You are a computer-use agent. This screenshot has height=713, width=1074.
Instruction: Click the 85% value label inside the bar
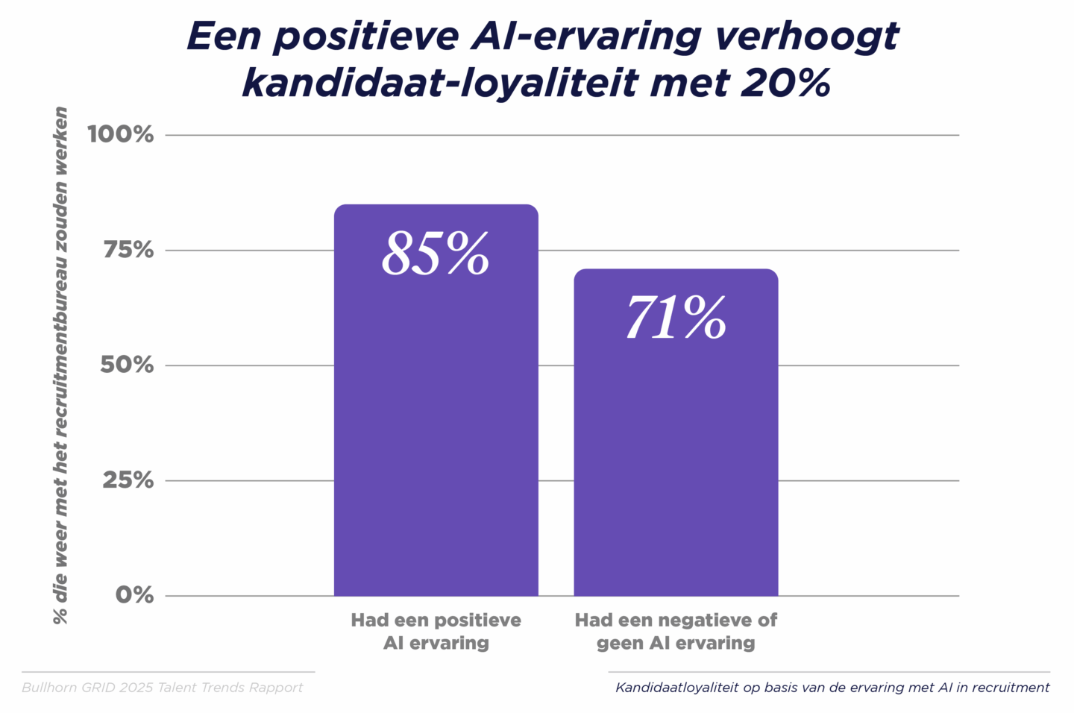(x=436, y=254)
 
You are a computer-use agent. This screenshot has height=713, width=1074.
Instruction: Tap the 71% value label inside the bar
(x=676, y=318)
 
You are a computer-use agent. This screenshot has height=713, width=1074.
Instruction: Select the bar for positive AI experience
(x=436, y=433)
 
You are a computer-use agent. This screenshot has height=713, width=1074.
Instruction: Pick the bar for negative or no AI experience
(x=676, y=462)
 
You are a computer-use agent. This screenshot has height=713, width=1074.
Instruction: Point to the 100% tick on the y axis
(x=121, y=135)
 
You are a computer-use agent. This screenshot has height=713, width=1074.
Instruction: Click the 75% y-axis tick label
(x=128, y=250)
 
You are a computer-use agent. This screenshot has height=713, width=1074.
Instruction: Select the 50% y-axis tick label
(x=128, y=365)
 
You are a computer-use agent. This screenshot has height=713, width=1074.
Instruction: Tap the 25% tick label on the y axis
(x=128, y=480)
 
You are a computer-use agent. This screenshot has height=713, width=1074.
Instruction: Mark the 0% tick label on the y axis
(x=134, y=595)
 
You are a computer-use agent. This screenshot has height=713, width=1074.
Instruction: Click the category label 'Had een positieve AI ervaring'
(x=436, y=632)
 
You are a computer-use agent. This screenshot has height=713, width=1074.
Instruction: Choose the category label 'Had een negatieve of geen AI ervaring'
(x=676, y=632)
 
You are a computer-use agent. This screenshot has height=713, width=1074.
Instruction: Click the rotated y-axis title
(x=60, y=365)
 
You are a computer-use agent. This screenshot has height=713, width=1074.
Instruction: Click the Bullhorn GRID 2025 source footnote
(x=163, y=688)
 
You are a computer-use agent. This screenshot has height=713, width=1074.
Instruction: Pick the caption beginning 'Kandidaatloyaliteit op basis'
(x=832, y=688)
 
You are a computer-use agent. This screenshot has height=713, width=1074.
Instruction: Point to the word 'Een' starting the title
(x=222, y=36)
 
